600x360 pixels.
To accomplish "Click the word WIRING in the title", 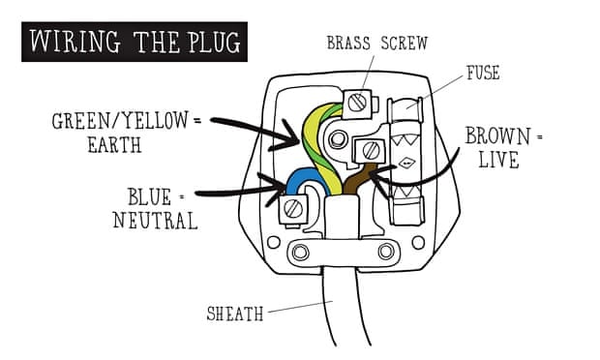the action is click(75, 42).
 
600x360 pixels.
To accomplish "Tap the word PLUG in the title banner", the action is click(214, 42).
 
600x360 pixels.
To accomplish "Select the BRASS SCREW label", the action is click(376, 43).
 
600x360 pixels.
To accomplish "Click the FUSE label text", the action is click(483, 73).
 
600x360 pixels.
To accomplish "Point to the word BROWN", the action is click(498, 136).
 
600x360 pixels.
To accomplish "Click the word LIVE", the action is click(499, 160).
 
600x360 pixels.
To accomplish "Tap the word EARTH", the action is click(115, 145).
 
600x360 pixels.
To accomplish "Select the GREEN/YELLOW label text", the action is click(120, 121).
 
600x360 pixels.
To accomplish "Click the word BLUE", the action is click(150, 197).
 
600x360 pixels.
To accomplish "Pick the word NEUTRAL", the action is click(156, 221).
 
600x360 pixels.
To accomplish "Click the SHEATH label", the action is click(235, 315).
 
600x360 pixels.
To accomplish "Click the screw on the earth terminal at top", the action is click(357, 103).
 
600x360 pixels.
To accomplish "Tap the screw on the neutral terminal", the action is click(293, 209).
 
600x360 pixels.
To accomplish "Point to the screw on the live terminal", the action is click(370, 150).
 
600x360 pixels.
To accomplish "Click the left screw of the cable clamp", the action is click(300, 253).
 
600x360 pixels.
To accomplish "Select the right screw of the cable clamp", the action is click(386, 252).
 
